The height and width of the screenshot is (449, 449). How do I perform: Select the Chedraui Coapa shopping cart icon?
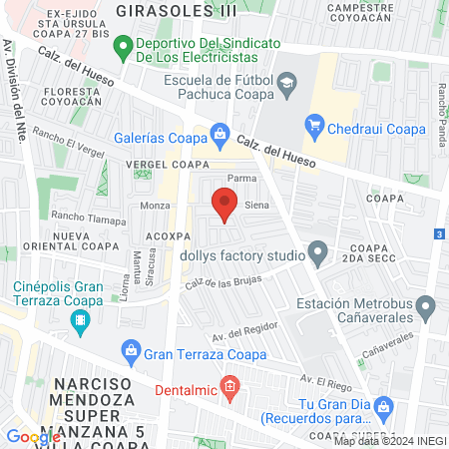coord(316,125)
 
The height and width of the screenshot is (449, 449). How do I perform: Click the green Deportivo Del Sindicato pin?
coord(123,45)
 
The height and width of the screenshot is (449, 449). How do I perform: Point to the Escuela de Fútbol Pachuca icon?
coord(286,81)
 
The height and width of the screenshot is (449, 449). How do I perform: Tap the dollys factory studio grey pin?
coord(318,253)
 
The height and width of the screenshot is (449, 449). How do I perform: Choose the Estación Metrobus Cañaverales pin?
coord(426,306)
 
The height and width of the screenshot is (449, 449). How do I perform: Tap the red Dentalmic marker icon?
coord(230,385)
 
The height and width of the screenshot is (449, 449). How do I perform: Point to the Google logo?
coord(33,436)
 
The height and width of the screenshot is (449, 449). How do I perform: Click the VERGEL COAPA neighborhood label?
coord(168,164)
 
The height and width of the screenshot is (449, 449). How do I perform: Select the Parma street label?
coord(242,178)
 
